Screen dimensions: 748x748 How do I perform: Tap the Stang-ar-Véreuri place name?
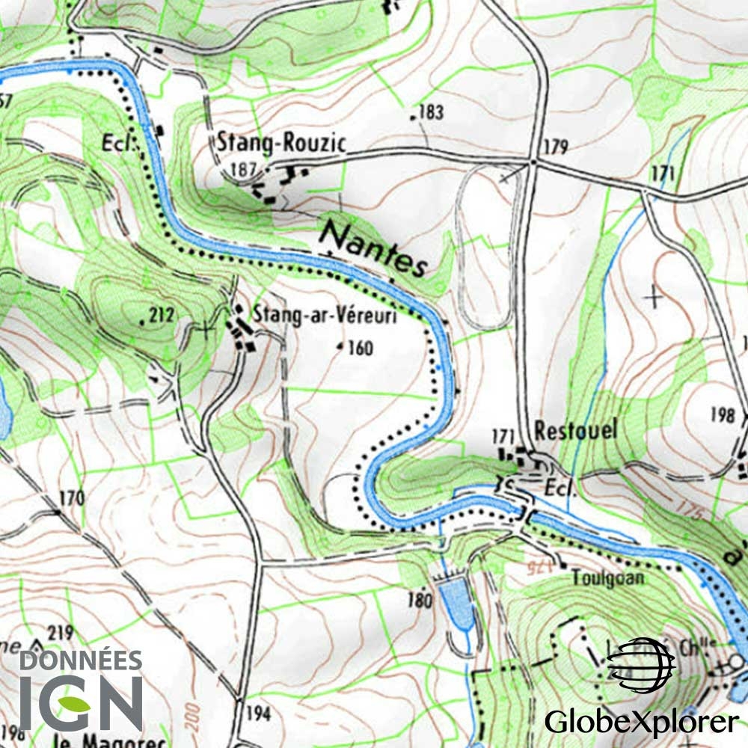[x=323, y=315]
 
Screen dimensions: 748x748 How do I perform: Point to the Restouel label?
[x=577, y=431]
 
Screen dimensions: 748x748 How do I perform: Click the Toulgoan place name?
[x=607, y=577]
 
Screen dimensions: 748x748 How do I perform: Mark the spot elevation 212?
[x=161, y=316]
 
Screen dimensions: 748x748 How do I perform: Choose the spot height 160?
[x=360, y=348]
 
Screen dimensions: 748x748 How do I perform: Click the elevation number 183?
[x=431, y=113]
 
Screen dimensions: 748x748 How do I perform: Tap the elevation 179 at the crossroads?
[x=556, y=147]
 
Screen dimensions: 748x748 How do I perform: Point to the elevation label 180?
[x=420, y=599]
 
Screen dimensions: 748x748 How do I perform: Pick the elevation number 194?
[x=257, y=714]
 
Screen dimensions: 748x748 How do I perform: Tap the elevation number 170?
[x=71, y=497]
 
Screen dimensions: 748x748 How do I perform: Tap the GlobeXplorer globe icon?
[x=640, y=664]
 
